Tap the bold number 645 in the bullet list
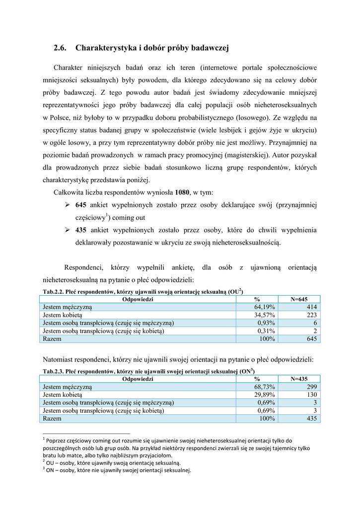tap(81, 205)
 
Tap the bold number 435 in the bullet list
tap(81, 230)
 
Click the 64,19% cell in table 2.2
tap(265, 307)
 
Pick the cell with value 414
tap(312, 307)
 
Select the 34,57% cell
tap(265, 315)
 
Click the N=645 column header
tap(299, 299)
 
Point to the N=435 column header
tap(299, 379)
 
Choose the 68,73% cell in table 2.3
tap(265, 387)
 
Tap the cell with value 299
tap(312, 387)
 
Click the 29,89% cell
tap(265, 395)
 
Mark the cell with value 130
tap(312, 395)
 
